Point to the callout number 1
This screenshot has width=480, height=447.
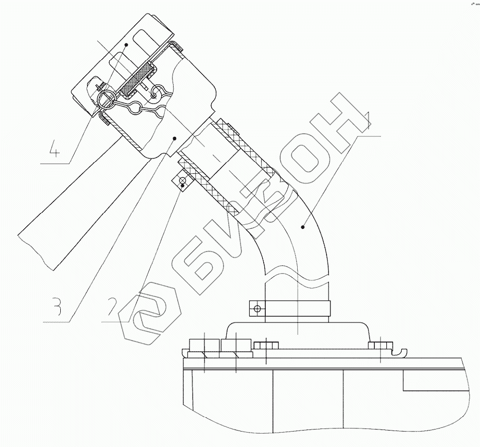click(367, 119)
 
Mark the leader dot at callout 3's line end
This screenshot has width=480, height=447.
click(175, 138)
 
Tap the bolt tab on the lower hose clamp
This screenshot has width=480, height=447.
click(256, 309)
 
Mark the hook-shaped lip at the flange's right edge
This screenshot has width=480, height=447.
click(399, 352)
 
